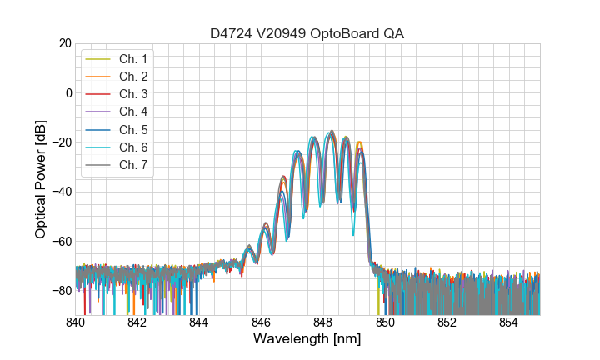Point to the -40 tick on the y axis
[61, 192]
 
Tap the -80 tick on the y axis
[61, 291]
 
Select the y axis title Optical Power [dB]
[41, 179]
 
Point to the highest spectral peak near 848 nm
[332, 131]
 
